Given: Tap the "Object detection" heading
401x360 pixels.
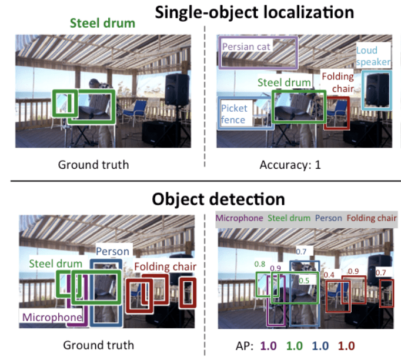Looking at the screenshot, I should click(x=218, y=199).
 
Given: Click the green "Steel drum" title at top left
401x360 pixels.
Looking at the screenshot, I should click(x=102, y=24).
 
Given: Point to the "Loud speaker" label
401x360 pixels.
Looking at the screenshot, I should click(x=373, y=56).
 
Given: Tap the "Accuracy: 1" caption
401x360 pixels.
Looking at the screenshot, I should click(x=290, y=164).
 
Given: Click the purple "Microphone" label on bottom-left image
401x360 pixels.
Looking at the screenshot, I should click(x=52, y=317).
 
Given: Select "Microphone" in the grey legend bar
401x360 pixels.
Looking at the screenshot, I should click(x=240, y=218).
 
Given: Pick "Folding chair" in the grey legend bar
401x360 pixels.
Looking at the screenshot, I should click(x=372, y=218).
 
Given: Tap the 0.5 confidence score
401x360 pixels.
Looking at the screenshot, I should click(x=303, y=281).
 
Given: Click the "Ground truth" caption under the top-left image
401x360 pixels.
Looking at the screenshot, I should click(x=93, y=164).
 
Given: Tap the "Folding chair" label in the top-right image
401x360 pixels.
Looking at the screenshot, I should click(x=338, y=82).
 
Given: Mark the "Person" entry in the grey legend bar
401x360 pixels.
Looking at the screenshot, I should click(x=328, y=218).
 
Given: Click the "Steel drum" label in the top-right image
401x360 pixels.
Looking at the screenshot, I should click(x=283, y=83).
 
